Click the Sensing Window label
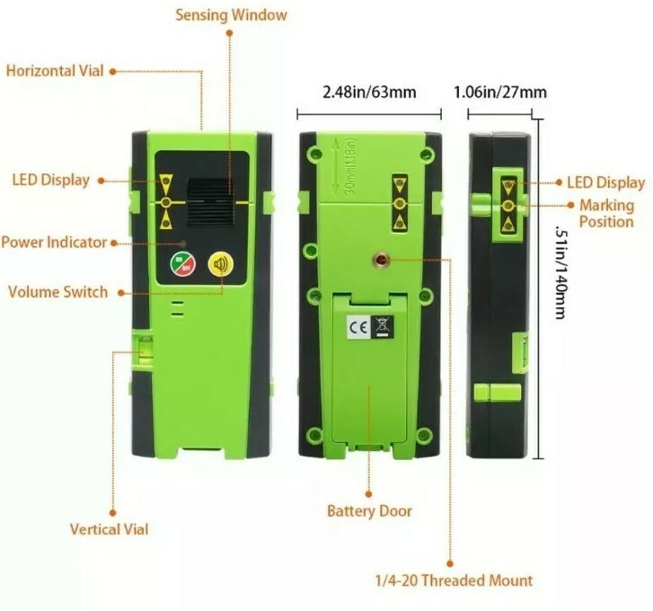231,15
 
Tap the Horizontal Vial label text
54,70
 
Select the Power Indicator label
54,242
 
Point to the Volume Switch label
57,292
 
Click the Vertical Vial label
110,529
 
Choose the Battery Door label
369,511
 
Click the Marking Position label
606,213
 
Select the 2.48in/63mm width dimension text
369,92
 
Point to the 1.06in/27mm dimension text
500,92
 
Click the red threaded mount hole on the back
380,261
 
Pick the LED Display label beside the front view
51,180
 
